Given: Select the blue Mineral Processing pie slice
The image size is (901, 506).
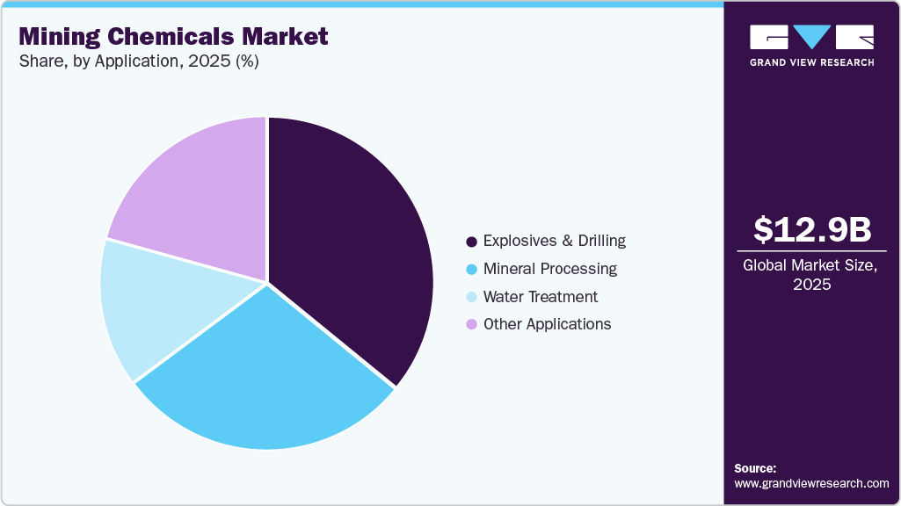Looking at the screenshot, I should (x=264, y=378).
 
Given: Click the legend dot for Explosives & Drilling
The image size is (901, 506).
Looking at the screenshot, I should (x=472, y=241).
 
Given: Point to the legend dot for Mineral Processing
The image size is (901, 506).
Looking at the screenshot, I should (x=472, y=269).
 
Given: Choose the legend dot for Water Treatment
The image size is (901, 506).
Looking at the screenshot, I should (x=472, y=297).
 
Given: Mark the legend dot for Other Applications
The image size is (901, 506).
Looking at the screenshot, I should (x=472, y=324).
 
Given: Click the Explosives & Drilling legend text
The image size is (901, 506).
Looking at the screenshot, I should (x=555, y=241).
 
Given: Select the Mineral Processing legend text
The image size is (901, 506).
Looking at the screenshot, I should (x=550, y=269).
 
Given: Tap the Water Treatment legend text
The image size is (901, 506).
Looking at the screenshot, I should (x=541, y=297).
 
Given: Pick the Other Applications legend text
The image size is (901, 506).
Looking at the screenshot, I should (x=547, y=324).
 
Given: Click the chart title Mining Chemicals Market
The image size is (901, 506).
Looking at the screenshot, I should (x=173, y=37).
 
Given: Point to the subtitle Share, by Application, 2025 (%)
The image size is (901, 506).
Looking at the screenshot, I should (x=138, y=61).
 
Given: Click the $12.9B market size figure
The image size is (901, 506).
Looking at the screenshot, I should (x=812, y=229).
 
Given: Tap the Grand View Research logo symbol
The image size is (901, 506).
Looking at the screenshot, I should (x=811, y=37).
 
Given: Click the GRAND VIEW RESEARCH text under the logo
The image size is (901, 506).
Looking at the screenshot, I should (x=811, y=62).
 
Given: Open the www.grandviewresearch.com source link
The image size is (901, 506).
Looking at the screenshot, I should (x=811, y=483).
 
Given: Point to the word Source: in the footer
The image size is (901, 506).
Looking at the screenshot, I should (x=755, y=468).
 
